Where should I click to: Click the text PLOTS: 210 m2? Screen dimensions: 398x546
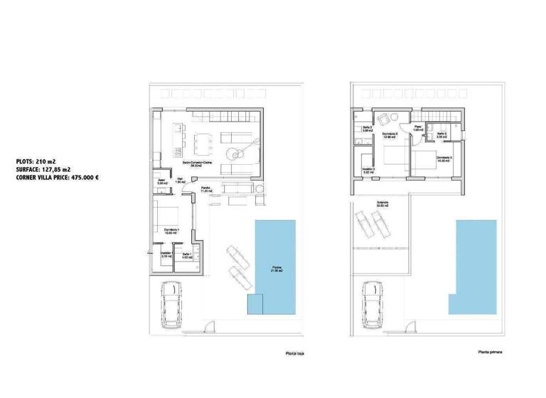coord(35,161)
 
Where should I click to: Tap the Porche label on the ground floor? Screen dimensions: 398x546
coord(207,189)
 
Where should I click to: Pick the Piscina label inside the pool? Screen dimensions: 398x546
coord(276,268)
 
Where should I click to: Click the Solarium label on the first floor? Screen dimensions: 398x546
coord(374,203)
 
